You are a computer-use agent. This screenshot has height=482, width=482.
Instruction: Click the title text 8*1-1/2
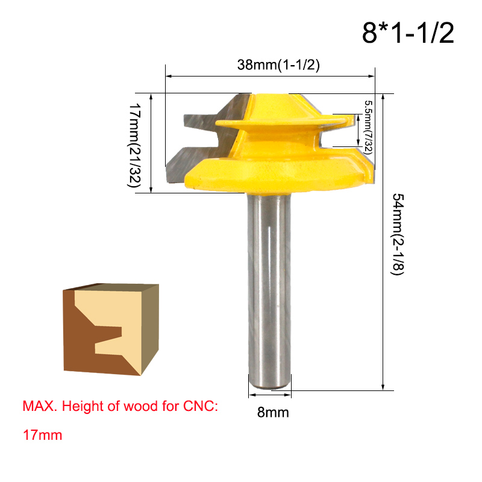pyautogui.click(x=407, y=34)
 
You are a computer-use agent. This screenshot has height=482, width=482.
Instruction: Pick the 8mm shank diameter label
pyautogui.click(x=274, y=413)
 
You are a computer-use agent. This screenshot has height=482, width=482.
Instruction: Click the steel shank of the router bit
pyautogui.click(x=270, y=283)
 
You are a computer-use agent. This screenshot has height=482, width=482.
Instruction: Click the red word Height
pyautogui.click(x=84, y=407)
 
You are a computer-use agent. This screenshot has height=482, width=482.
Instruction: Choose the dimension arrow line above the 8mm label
pyautogui.click(x=270, y=395)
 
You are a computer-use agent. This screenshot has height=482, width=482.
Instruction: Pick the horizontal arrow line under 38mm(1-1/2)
pyautogui.click(x=270, y=77)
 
